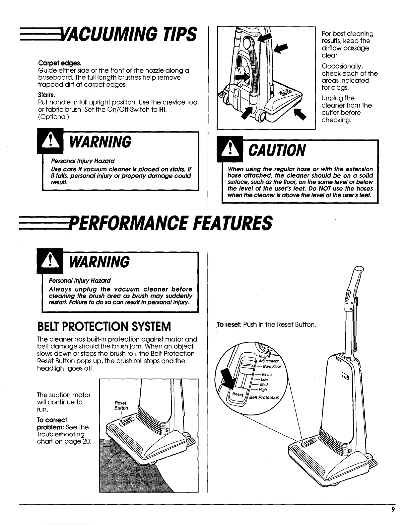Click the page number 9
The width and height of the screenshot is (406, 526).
tap(393, 510)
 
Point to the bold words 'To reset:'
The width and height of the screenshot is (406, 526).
tap(229, 324)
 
